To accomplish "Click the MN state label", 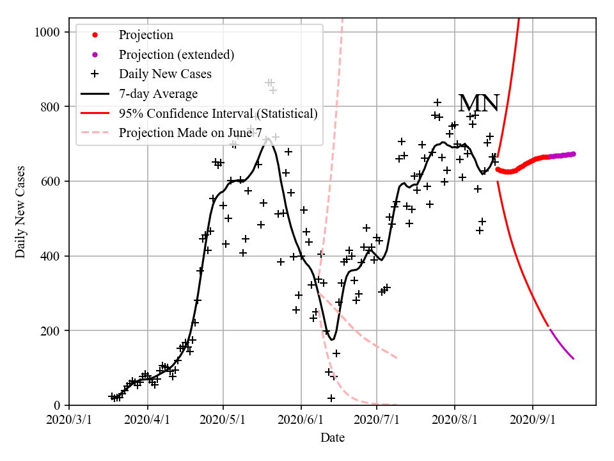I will click(x=478, y=103).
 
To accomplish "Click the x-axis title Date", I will click(x=333, y=438).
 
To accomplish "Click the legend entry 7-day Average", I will click(x=158, y=94).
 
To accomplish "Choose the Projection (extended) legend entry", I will click(x=176, y=54).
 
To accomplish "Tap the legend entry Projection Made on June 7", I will click(x=190, y=133).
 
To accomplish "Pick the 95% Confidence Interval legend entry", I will click(x=217, y=114).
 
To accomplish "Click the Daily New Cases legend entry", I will click(x=164, y=74).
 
